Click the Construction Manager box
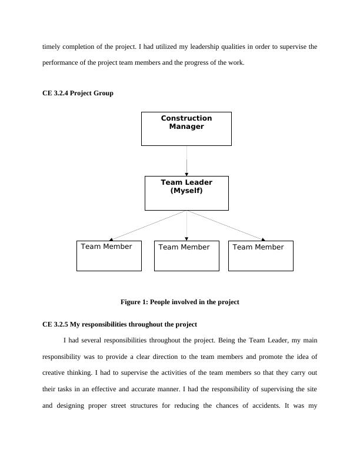[x=186, y=128]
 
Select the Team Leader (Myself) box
[x=186, y=193]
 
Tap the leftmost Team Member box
[x=109, y=256]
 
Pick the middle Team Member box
[x=186, y=256]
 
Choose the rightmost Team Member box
[x=261, y=256]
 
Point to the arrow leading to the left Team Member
[x=147, y=225]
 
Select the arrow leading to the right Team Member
[x=226, y=225]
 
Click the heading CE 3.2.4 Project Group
[x=78, y=93]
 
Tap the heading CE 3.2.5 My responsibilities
[x=119, y=324]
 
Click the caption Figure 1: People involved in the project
[x=179, y=302]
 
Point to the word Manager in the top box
[x=186, y=127]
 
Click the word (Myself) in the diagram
[x=186, y=191]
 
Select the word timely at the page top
[x=52, y=46]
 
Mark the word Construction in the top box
[x=186, y=118]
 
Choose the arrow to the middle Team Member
[x=186, y=225]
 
